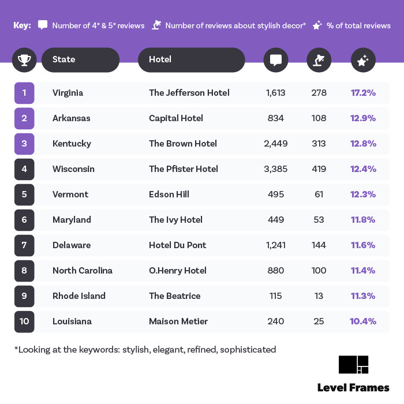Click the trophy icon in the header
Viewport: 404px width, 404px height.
[x=24, y=59]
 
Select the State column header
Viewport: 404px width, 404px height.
[x=80, y=59]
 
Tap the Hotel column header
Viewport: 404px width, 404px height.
[x=191, y=59]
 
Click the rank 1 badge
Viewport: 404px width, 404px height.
[x=24, y=93]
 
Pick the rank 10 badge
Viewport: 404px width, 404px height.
[x=24, y=321]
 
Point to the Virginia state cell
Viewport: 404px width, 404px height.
[x=68, y=93]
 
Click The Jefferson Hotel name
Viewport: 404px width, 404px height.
[x=189, y=93]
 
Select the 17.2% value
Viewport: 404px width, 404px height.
[x=363, y=93]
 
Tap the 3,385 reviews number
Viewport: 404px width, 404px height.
[x=275, y=169]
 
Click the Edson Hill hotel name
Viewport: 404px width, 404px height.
[x=169, y=194]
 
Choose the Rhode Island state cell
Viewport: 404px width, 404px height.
[x=78, y=296]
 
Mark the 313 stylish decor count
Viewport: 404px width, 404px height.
[x=319, y=144]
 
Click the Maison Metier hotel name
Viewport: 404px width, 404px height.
[x=178, y=321]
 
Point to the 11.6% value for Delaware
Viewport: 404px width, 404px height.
[x=363, y=245]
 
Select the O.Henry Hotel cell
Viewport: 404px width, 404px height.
[x=177, y=271]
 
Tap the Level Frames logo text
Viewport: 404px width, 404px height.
[x=353, y=387]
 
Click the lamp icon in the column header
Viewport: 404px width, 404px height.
[x=319, y=59]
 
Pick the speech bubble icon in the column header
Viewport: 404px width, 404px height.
[x=276, y=59]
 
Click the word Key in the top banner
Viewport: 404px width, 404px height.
[x=22, y=25]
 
